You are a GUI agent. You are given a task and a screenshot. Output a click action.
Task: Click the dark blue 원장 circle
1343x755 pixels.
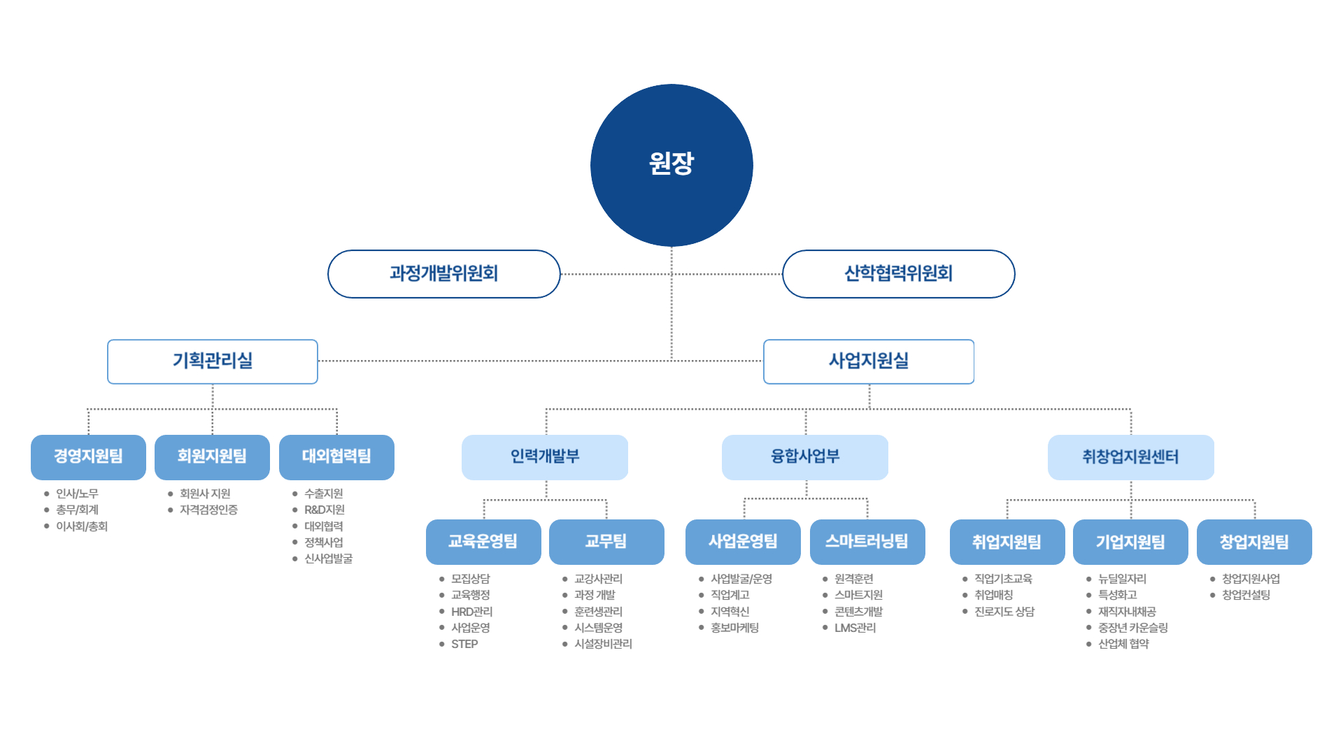pyautogui.click(x=671, y=165)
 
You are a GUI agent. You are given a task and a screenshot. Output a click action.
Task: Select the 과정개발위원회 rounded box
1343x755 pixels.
pyautogui.click(x=443, y=274)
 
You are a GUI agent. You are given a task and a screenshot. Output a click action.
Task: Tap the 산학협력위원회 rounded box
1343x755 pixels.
pyautogui.click(x=898, y=274)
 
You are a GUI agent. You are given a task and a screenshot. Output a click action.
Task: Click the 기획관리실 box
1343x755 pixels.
pyautogui.click(x=213, y=361)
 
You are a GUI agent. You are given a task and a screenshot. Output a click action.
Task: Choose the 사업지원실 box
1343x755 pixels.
pyautogui.click(x=868, y=361)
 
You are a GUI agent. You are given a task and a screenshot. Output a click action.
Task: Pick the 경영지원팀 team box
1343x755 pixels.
pyautogui.click(x=88, y=457)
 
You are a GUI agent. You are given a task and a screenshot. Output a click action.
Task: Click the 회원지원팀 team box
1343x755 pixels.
pyautogui.click(x=212, y=457)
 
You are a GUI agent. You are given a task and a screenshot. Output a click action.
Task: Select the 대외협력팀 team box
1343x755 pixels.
pyautogui.click(x=336, y=457)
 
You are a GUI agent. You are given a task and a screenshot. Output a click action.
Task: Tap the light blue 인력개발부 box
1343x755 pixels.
pyautogui.click(x=545, y=457)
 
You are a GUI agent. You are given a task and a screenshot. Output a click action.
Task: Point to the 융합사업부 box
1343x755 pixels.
pyautogui.click(x=804, y=457)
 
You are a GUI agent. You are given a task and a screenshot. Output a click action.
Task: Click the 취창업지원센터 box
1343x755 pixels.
pyautogui.click(x=1130, y=457)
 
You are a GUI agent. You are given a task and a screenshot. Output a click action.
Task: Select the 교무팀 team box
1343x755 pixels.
pyautogui.click(x=606, y=542)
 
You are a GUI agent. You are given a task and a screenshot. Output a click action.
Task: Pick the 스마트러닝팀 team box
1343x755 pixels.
pyautogui.click(x=867, y=542)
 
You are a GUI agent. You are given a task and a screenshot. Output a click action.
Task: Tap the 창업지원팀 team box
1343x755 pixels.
pyautogui.click(x=1254, y=542)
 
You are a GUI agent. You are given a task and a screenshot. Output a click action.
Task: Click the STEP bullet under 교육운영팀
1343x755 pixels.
pyautogui.click(x=464, y=644)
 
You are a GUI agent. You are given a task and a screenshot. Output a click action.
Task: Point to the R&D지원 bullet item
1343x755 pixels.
pyautogui.click(x=325, y=510)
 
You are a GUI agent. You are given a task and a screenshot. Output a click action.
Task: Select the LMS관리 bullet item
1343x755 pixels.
pyautogui.click(x=855, y=628)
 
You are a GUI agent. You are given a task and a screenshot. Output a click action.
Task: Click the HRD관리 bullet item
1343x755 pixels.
pyautogui.click(x=471, y=612)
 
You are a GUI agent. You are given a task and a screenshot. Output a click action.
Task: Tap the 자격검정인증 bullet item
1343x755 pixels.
pyautogui.click(x=208, y=510)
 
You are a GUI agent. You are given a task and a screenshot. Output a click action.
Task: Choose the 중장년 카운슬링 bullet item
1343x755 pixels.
pyautogui.click(x=1132, y=628)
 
